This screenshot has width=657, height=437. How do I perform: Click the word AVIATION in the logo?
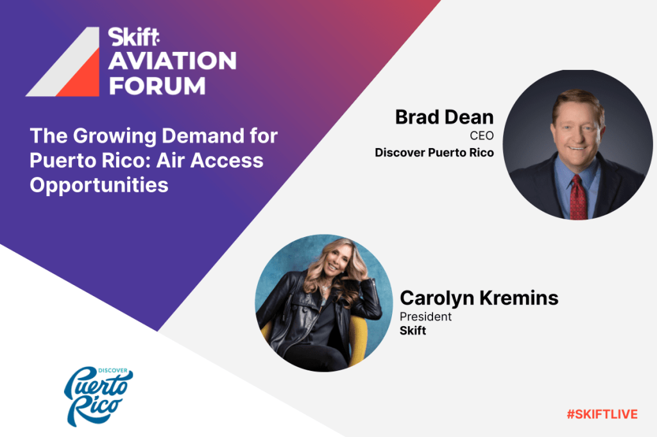pyautogui.click(x=172, y=61)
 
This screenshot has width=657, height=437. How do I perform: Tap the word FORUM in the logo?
pyautogui.click(x=157, y=86)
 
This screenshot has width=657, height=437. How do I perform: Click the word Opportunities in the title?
pyautogui.click(x=99, y=185)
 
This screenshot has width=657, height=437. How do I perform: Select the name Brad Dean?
pyautogui.click(x=444, y=117)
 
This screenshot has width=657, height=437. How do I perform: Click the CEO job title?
pyautogui.click(x=481, y=136)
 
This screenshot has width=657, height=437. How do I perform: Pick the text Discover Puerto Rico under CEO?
pyautogui.click(x=434, y=153)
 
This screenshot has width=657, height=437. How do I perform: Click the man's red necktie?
pyautogui.click(x=578, y=197)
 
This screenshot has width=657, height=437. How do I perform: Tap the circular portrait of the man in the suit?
pyautogui.click(x=577, y=144)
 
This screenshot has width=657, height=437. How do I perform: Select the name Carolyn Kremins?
pyautogui.click(x=479, y=298)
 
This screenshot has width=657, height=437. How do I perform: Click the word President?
pyautogui.click(x=425, y=317)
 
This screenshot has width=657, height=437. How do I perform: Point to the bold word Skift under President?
pyautogui.click(x=413, y=331)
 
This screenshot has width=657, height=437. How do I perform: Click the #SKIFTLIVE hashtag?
pyautogui.click(x=602, y=415)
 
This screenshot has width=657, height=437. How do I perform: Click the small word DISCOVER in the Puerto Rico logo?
pyautogui.click(x=113, y=370)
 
